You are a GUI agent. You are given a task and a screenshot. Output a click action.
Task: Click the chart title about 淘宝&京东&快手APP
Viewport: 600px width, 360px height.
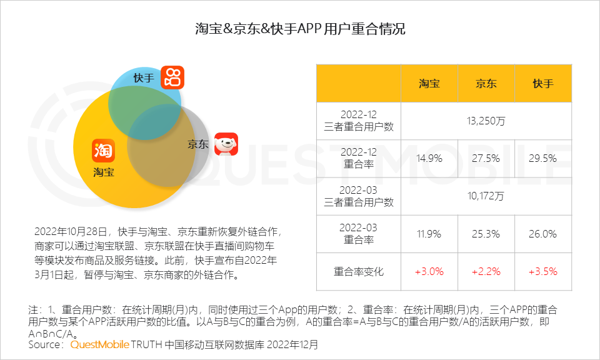(x=300, y=29)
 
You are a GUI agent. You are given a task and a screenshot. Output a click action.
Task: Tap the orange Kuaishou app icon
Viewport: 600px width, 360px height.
(x=172, y=77)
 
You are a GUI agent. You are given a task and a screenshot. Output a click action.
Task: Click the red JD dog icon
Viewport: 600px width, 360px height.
(x=226, y=144)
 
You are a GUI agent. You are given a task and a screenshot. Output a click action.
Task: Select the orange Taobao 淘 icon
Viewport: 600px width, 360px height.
(x=103, y=150)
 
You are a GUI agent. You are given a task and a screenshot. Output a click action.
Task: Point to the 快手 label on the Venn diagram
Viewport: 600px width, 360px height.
(x=143, y=78)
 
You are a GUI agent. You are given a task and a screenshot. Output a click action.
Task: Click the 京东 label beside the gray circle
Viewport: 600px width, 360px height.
(x=197, y=144)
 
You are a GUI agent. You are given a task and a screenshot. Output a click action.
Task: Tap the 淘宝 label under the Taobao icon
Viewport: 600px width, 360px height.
(x=104, y=172)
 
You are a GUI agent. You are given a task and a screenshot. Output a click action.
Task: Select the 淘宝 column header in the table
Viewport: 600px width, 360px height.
(x=429, y=83)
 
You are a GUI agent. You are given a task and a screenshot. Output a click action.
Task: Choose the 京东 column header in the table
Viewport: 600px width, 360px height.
(x=486, y=83)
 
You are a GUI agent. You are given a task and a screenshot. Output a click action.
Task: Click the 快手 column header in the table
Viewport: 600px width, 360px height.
(x=542, y=83)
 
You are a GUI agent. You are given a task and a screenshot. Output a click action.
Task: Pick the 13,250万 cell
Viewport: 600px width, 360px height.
(x=486, y=121)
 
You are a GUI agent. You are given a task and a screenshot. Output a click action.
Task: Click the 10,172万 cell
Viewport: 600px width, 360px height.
(x=486, y=196)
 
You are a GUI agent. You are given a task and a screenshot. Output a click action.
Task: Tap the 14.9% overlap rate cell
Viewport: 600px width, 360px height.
(x=429, y=158)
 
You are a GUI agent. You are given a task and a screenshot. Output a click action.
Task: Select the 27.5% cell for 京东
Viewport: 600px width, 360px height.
(x=486, y=158)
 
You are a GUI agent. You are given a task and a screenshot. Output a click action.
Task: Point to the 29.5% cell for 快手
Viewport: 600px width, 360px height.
(x=542, y=158)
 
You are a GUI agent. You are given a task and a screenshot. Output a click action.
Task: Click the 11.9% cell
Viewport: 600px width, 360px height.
(x=429, y=234)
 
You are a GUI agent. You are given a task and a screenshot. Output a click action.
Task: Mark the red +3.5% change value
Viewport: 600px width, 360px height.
(x=542, y=272)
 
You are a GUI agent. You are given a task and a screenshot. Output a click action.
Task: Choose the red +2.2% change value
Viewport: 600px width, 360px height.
(x=486, y=272)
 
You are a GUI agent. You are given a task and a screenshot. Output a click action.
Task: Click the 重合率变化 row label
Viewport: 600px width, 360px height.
(x=359, y=272)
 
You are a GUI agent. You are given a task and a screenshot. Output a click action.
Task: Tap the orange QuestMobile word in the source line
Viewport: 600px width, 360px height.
(x=100, y=344)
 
